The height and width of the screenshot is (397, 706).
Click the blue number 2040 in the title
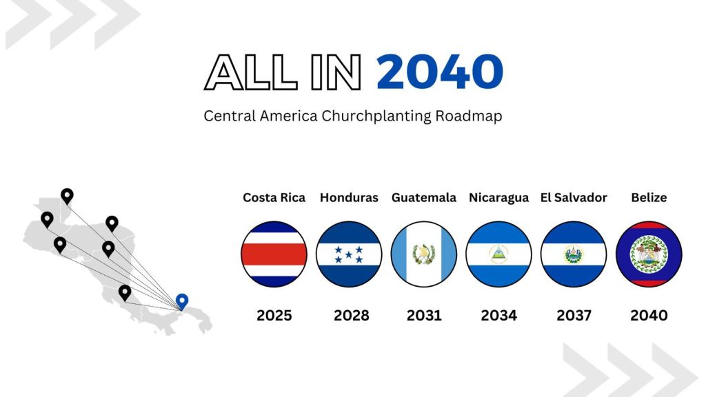click(x=439, y=72)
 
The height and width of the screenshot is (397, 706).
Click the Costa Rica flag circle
click(x=274, y=254)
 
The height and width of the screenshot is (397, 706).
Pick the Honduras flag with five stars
click(x=349, y=254)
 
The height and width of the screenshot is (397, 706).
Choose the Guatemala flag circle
click(x=423, y=254)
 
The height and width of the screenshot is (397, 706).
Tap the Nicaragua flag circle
click(x=498, y=254)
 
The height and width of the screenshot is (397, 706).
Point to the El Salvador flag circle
click(x=574, y=254)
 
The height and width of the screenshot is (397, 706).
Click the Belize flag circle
click(x=649, y=254)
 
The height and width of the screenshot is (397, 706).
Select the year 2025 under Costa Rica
click(x=274, y=316)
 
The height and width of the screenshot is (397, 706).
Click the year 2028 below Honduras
click(x=352, y=316)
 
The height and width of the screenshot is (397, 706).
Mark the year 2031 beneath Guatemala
click(x=424, y=316)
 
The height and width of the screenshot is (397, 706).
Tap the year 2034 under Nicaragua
click(x=499, y=316)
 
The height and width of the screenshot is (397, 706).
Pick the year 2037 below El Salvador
click(x=574, y=316)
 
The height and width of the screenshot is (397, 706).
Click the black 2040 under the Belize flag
click(x=649, y=316)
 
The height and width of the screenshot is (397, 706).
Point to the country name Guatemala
click(x=424, y=198)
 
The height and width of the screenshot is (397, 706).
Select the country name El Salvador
click(x=574, y=198)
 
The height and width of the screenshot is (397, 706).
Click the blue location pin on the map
click(x=182, y=301)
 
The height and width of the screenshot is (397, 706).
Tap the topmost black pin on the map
click(x=67, y=196)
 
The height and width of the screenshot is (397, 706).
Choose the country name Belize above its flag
click(x=649, y=198)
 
